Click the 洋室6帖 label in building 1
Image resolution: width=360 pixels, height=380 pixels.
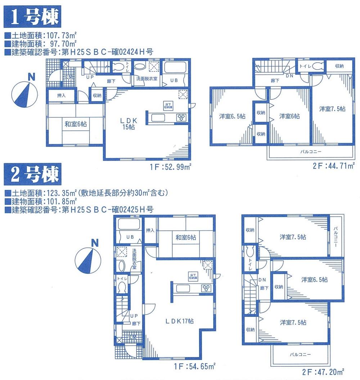point(290,116)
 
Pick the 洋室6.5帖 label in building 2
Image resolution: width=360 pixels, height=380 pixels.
point(315,279)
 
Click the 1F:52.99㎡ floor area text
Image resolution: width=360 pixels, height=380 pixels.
point(171,167)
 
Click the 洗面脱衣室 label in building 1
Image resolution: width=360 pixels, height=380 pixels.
point(146,79)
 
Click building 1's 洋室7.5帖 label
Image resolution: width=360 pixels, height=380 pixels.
point(332,108)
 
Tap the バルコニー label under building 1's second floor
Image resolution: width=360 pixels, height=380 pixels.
point(311,151)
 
